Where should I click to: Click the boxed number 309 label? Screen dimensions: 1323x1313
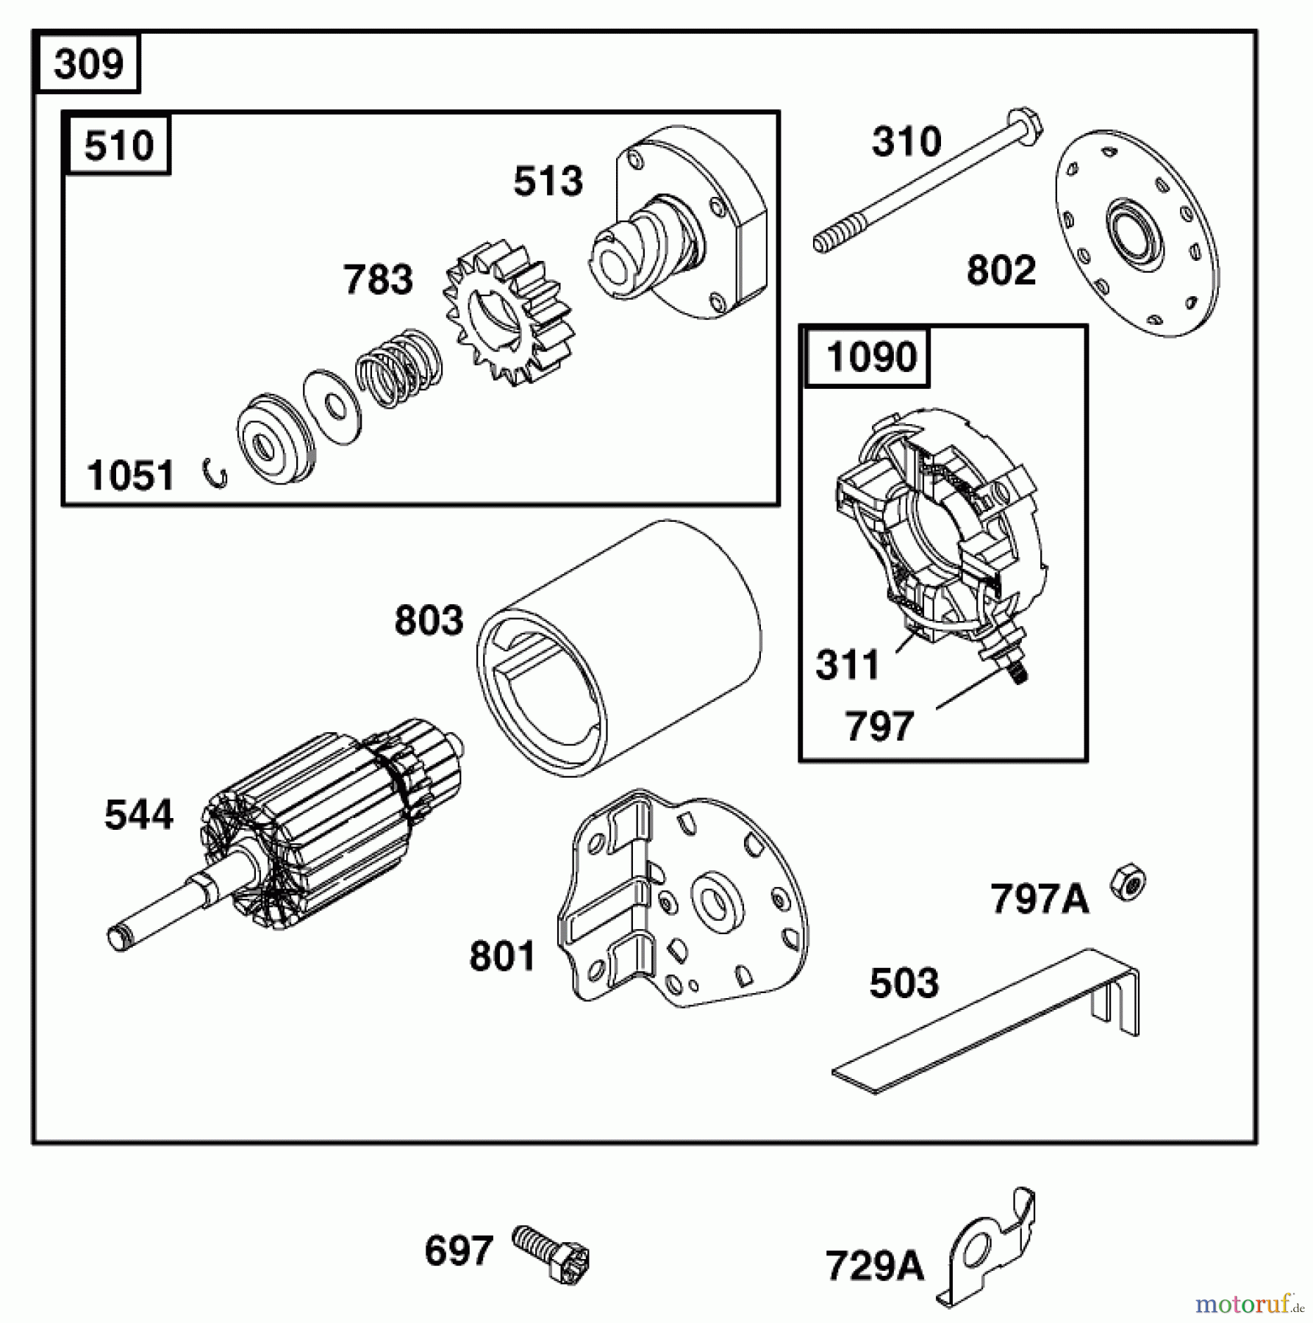click(88, 64)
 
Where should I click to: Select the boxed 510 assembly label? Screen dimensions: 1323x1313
click(118, 145)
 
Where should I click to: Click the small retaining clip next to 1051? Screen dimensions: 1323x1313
click(216, 474)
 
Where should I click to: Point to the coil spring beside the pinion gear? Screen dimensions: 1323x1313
click(399, 369)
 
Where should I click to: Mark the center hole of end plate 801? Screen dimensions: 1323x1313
click(711, 898)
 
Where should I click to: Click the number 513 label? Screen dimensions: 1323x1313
click(548, 182)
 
